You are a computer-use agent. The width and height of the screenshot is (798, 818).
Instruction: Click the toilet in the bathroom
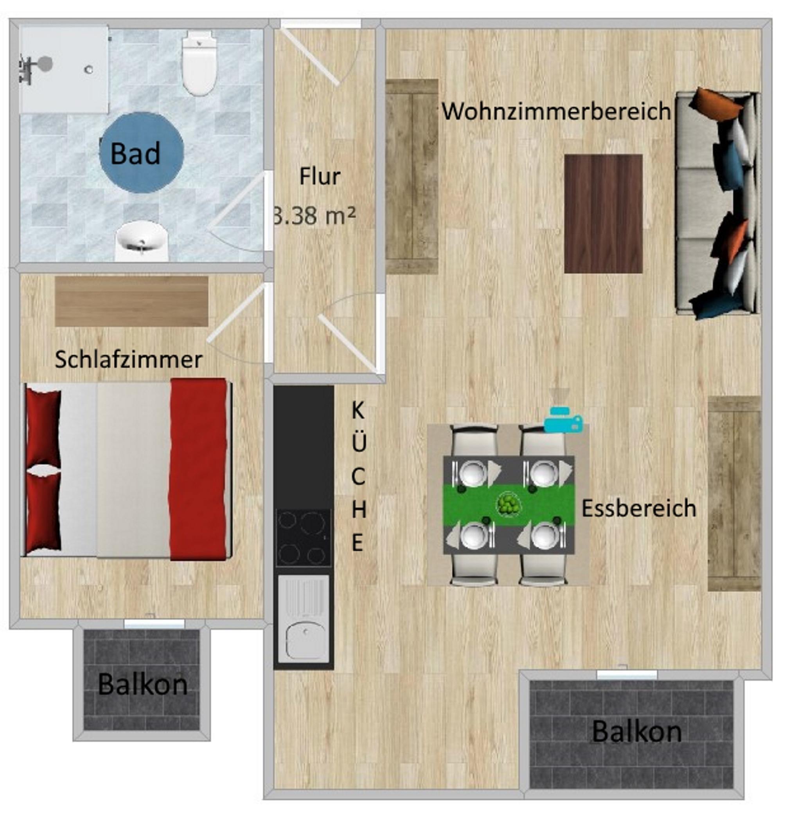(199, 65)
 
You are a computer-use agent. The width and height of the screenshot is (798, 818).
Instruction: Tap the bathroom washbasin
(142, 241)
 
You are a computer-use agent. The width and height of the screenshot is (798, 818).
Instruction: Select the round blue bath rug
(142, 153)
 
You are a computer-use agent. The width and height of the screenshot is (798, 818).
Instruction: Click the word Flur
(320, 176)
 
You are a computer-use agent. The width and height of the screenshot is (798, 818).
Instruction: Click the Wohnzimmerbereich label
(556, 112)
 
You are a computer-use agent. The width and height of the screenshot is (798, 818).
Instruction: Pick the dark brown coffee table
(604, 214)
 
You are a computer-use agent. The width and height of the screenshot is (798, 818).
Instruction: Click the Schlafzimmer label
(129, 360)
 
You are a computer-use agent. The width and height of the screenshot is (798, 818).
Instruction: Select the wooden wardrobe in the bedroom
(131, 301)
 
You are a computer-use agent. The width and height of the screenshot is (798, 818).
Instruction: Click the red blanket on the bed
(199, 469)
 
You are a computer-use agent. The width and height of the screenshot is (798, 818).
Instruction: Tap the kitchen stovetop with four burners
(304, 538)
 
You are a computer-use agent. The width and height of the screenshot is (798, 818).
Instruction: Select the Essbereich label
(639, 508)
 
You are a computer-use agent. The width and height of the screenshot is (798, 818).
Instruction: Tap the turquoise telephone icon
(563, 419)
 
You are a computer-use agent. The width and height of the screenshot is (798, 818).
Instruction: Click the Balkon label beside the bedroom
(142, 684)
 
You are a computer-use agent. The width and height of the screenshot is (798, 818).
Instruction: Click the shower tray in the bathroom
(64, 69)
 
